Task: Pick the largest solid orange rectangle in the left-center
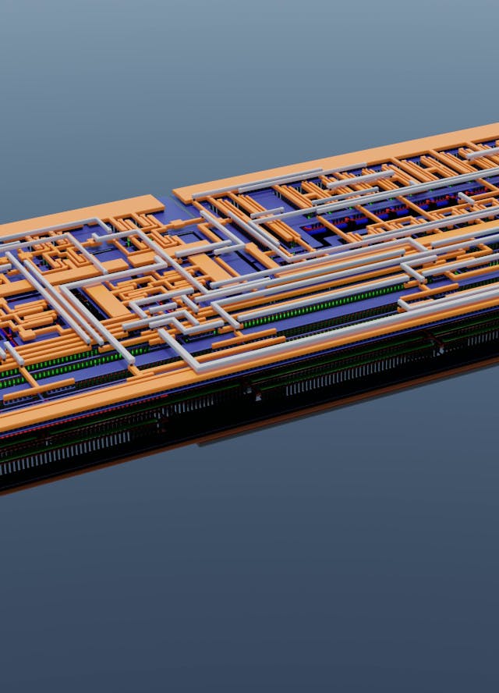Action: point(108,300)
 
